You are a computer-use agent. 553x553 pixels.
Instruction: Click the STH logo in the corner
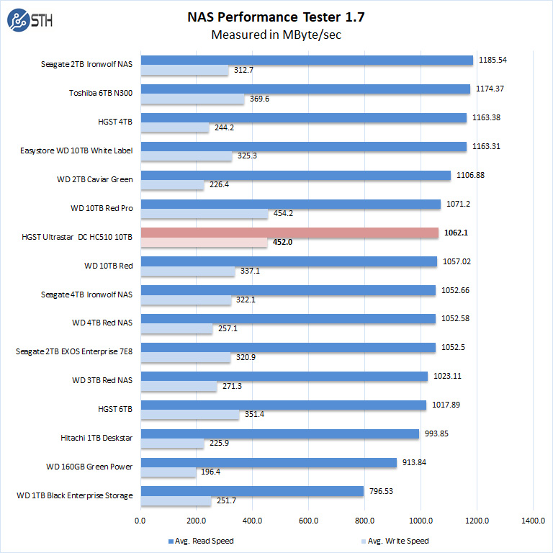tap(27, 21)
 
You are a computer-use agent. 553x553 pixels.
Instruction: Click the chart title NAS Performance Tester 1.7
tap(276, 17)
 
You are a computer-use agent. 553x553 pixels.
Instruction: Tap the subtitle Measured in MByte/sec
tap(276, 34)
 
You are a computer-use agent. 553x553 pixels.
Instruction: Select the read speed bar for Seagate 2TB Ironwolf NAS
tap(306, 60)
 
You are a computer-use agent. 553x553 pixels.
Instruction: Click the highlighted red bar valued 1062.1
tap(289, 233)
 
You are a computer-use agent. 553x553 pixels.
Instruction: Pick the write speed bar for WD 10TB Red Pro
tap(204, 214)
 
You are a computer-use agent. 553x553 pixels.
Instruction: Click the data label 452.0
tap(282, 243)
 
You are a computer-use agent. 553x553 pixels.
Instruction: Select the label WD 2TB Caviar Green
tap(94, 179)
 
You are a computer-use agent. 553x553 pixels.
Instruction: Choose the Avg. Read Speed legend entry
tap(201, 540)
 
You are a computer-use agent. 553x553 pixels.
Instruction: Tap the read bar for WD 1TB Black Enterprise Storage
tap(252, 491)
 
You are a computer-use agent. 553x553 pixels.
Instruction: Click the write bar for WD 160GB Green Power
tap(168, 472)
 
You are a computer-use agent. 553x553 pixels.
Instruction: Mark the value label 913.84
tap(415, 462)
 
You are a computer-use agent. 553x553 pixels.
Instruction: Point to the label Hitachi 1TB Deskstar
tap(97, 438)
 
